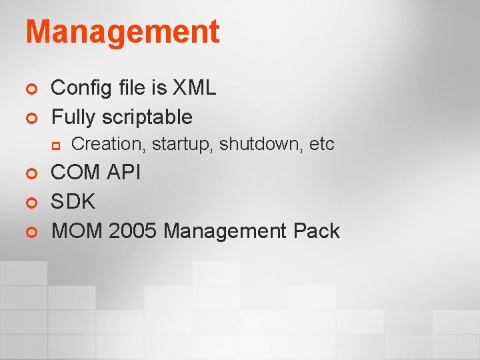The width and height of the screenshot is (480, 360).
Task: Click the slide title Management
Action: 122,32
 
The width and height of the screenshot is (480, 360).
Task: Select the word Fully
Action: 74,117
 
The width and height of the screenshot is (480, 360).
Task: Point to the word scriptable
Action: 147,117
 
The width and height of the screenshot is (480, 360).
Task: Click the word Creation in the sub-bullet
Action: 109,144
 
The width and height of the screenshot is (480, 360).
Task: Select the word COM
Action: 74,173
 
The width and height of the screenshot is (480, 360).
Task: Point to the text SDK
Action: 73,201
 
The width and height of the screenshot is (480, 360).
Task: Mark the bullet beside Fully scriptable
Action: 29,118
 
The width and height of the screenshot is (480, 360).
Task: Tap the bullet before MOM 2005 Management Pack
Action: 29,232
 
